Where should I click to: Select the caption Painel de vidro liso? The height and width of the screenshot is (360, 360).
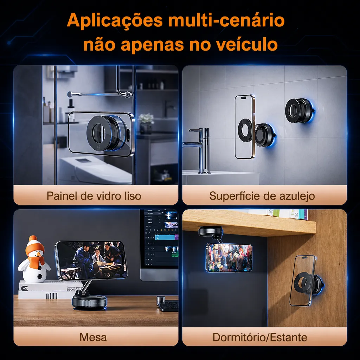94,196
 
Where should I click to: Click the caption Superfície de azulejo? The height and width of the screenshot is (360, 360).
262,196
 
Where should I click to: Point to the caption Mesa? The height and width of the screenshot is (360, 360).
93,337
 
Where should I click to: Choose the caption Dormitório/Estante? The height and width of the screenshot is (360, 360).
260,337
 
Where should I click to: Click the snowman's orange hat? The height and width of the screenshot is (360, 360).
34,245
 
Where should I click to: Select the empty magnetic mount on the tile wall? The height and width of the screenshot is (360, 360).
300,110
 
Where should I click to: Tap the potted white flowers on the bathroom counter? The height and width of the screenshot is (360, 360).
146,124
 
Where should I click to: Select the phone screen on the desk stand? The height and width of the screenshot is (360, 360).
92,261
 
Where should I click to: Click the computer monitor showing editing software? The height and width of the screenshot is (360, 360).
159,245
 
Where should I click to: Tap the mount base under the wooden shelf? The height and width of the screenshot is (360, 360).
211,231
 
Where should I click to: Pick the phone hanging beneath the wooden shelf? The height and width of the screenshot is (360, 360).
229,258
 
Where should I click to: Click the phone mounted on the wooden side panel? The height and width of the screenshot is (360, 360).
303,281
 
